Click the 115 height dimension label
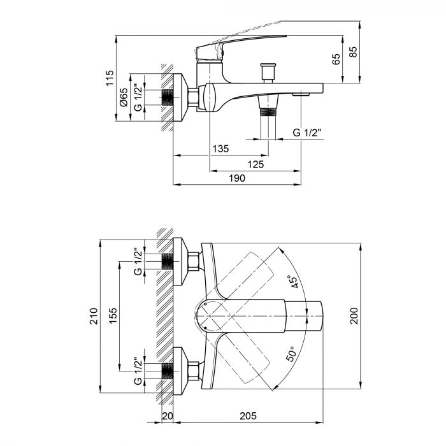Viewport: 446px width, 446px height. tap(110, 78)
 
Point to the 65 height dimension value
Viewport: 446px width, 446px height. tap(336, 61)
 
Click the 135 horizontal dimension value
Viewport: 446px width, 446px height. tap(220, 149)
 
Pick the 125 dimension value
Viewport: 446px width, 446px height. tap(255, 164)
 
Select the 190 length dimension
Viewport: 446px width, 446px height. tap(236, 179)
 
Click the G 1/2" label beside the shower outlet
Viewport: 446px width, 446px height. tap(307, 133)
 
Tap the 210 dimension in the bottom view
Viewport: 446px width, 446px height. tap(94, 317)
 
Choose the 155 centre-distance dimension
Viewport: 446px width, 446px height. tap(112, 316)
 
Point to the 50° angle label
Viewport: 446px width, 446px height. tap(291, 354)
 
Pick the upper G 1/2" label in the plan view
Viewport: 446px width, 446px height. tap(138, 261)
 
